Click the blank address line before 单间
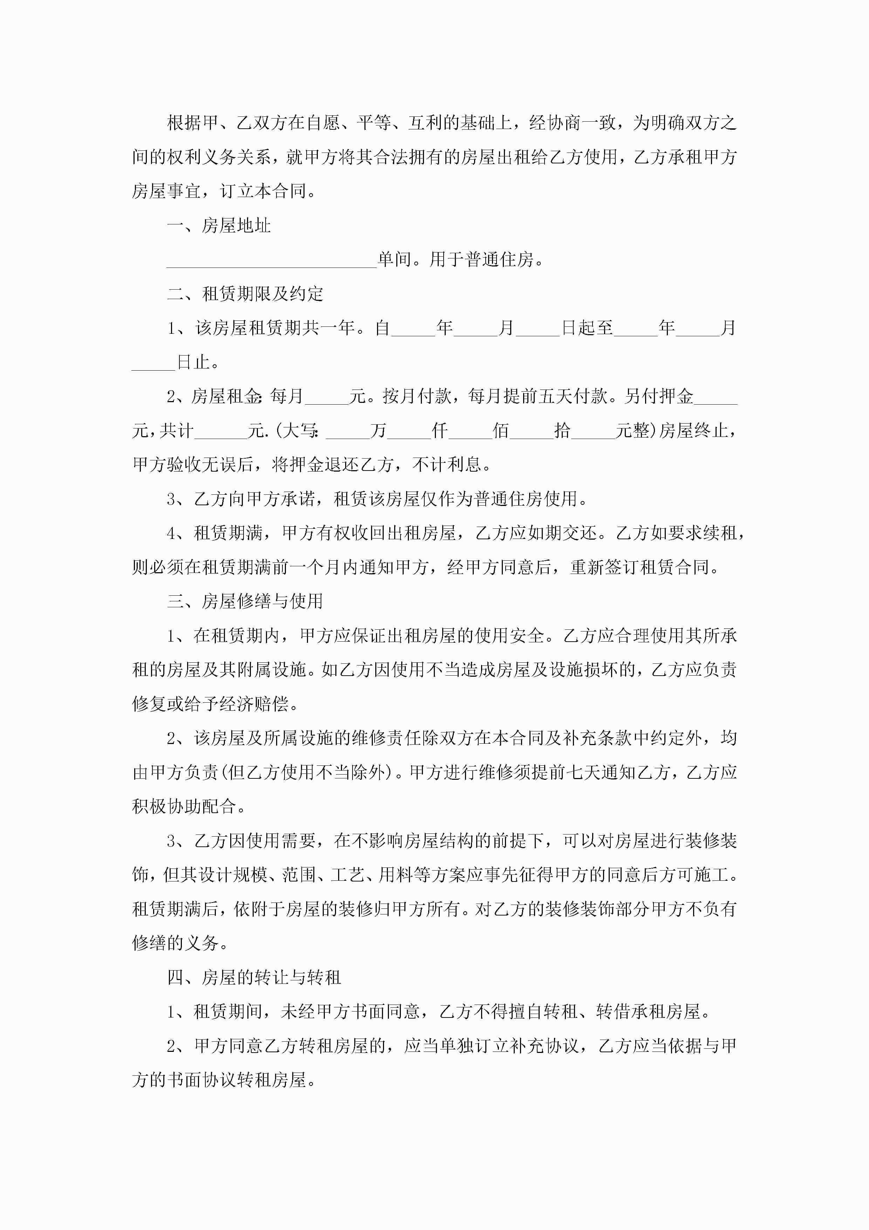pyautogui.click(x=272, y=261)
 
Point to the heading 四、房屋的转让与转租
pyautogui.click(x=254, y=978)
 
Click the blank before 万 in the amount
pyautogui.click(x=348, y=432)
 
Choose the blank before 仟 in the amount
pyautogui.click(x=409, y=432)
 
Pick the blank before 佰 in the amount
pyautogui.click(x=470, y=432)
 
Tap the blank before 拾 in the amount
pyautogui.click(x=532, y=432)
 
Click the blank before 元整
pyautogui.click(x=593, y=432)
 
